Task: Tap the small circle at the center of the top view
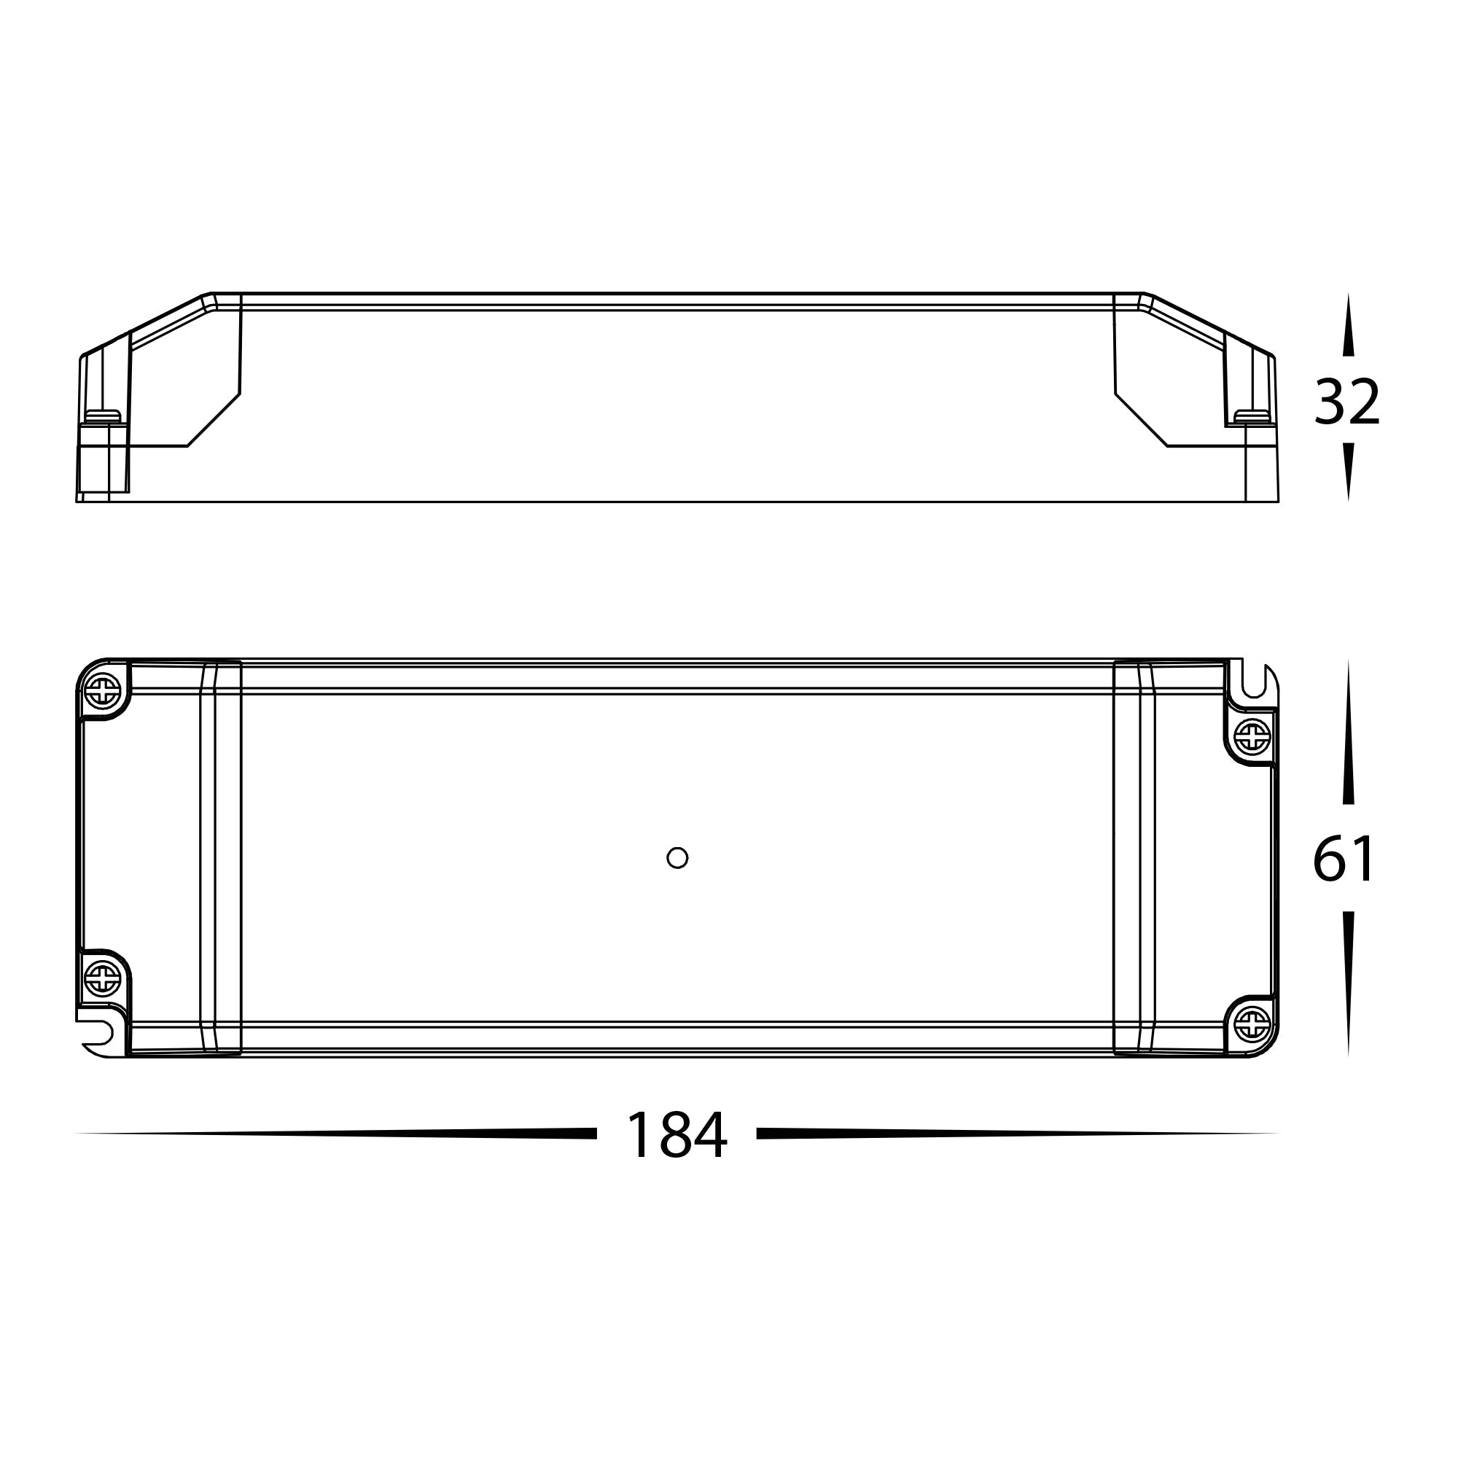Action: (678, 857)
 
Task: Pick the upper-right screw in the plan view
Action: (1252, 736)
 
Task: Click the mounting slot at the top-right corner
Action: (1253, 683)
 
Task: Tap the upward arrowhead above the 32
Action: (1349, 324)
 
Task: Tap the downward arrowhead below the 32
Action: (1349, 472)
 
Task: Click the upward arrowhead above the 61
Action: (1349, 732)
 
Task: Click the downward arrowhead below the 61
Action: (1349, 981)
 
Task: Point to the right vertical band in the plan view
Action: (1134, 857)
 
